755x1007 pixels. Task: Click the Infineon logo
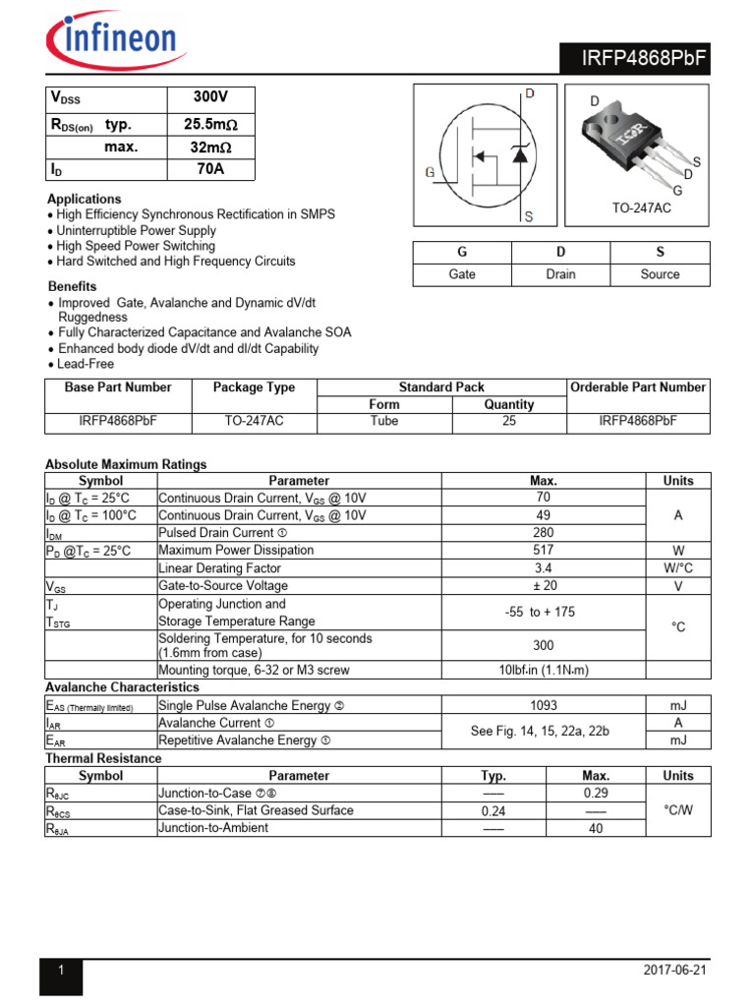111,39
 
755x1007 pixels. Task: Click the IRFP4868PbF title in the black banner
635,61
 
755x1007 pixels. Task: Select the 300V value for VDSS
210,98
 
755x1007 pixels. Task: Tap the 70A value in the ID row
210,169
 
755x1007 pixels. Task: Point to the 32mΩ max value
210,147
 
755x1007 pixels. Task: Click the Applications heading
84,199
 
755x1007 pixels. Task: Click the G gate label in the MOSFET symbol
430,173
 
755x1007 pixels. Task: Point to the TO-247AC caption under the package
640,209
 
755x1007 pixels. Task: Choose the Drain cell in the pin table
560,274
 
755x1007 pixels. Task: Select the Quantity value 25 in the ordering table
509,422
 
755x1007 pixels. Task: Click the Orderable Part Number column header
638,387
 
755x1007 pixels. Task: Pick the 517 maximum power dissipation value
543,551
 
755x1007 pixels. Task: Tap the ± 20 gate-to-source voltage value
543,586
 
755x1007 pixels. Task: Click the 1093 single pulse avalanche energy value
543,705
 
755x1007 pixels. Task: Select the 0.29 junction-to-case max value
596,793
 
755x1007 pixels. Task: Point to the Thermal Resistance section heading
103,758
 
